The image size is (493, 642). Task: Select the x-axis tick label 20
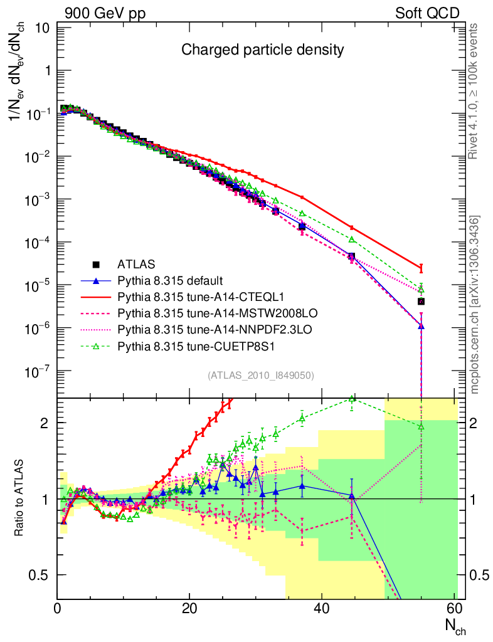[x=189, y=608]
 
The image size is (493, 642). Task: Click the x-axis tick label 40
[x=322, y=608]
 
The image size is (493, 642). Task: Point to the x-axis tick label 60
[x=454, y=608]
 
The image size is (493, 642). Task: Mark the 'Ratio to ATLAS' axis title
[x=20, y=499]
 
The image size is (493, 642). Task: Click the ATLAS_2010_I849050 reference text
[x=261, y=376]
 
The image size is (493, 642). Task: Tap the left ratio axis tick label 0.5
[x=41, y=575]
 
